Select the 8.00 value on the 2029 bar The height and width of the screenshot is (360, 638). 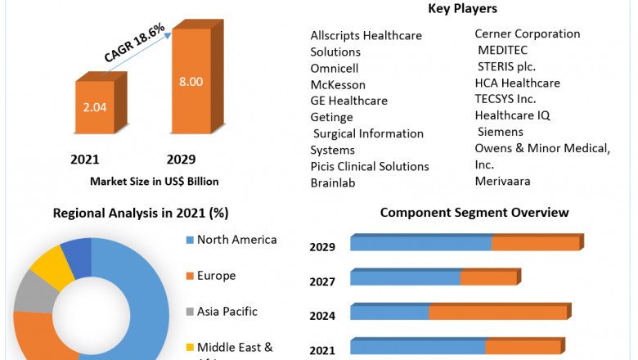coord(191,82)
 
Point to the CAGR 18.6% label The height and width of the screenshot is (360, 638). coord(135,43)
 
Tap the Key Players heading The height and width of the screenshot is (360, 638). coord(462,9)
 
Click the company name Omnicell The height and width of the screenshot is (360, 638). coord(335,68)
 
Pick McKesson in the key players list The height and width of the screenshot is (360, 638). coord(338,84)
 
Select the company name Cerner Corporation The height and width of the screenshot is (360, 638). coord(528,34)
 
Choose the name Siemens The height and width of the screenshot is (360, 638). coord(500,132)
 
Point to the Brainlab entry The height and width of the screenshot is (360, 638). coord(333,182)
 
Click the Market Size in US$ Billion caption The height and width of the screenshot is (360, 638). coord(154,181)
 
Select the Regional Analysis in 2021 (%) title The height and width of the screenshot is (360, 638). coord(141,214)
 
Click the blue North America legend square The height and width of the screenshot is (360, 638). coord(190,240)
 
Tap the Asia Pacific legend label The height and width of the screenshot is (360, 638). coord(227,312)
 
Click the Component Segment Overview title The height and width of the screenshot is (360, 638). coord(474,213)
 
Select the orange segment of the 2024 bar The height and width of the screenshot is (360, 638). coord(497,313)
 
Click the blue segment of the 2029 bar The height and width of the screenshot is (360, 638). coord(420,244)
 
